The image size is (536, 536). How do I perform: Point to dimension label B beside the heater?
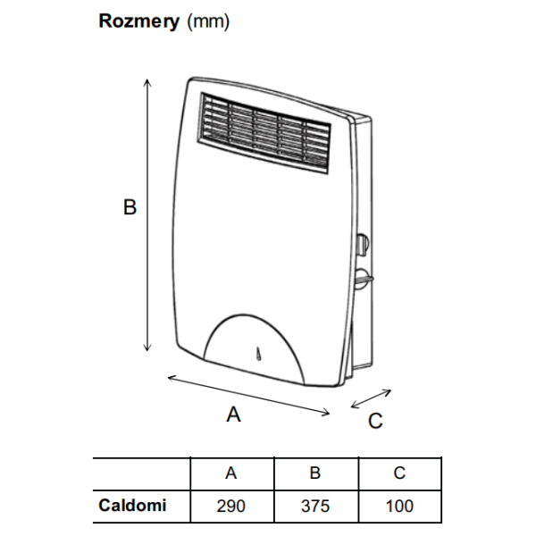[x=130, y=207]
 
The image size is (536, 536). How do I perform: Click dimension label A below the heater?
[x=234, y=415]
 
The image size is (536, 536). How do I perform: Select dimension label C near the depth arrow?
[x=375, y=419]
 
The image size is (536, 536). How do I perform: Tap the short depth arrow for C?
[x=371, y=398]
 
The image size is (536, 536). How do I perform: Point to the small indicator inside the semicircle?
[x=256, y=355]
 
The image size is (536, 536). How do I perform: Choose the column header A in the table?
[x=231, y=473]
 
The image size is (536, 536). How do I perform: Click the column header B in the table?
[x=315, y=473]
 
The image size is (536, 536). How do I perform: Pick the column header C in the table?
[x=399, y=473]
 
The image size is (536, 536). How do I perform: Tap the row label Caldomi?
[x=132, y=506]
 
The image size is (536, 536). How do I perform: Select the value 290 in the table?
[x=231, y=507]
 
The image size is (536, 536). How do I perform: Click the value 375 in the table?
[x=315, y=507]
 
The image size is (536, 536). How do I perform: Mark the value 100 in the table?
[x=399, y=507]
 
